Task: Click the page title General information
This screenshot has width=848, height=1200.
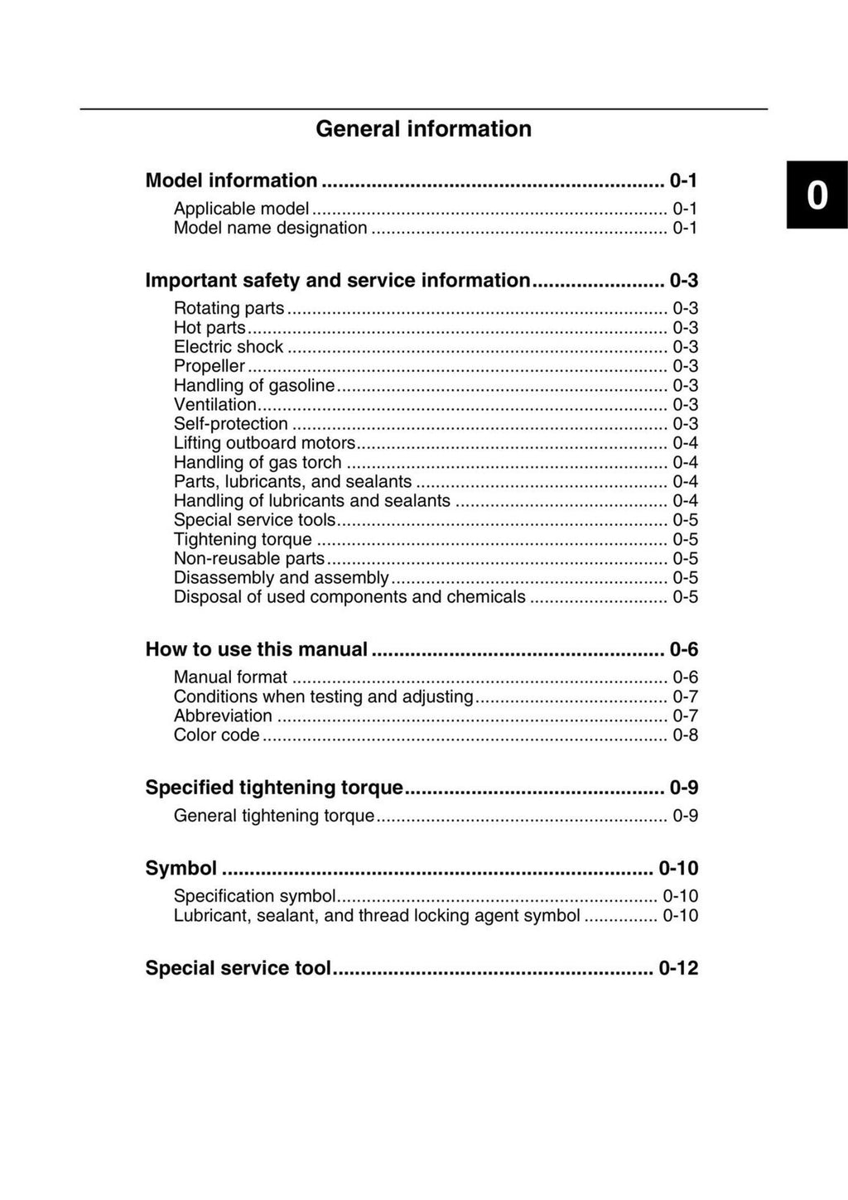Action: point(423,129)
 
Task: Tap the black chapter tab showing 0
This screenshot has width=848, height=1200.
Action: point(817,195)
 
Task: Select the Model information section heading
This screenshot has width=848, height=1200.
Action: point(231,181)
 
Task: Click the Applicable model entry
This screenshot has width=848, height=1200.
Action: point(241,209)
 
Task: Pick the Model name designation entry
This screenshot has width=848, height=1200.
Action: point(270,228)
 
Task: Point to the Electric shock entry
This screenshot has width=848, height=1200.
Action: point(229,347)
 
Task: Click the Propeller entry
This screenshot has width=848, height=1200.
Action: point(210,366)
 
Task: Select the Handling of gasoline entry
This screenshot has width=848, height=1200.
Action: point(254,385)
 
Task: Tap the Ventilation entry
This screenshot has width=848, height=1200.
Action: point(215,405)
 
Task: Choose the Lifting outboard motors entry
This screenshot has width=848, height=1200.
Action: point(264,443)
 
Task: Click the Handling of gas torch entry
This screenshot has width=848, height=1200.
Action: point(258,462)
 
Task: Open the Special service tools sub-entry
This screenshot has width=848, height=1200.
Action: point(255,520)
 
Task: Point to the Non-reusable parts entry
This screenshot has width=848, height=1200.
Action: point(249,558)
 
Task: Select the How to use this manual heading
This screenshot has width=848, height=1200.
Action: point(256,649)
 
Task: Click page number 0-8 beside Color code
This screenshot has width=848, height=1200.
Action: point(685,735)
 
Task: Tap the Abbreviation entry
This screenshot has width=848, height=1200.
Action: point(223,716)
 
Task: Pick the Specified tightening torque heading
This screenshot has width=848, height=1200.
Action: point(274,788)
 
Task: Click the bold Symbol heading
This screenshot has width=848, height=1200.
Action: point(181,868)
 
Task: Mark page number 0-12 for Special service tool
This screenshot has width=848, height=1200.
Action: point(678,968)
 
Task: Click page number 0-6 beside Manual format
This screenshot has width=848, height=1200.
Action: point(685,677)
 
